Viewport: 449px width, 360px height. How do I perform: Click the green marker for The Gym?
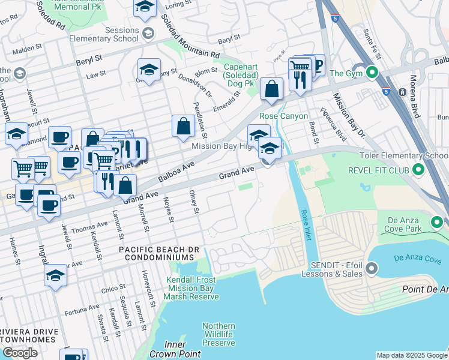tap(372, 73)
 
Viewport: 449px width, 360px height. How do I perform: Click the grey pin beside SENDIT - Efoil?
tap(372, 268)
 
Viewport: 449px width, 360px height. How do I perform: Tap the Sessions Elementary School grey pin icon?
tap(148, 35)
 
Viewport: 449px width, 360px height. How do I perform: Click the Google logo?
tap(20, 353)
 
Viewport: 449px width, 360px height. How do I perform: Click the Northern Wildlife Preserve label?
tap(218, 334)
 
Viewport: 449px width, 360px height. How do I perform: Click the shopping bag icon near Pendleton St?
tap(183, 126)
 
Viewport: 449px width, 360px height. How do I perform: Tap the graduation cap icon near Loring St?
tap(145, 7)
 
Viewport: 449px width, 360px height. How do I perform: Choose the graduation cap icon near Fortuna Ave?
tap(55, 275)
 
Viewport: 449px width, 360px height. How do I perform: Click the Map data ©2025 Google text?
tap(412, 355)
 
